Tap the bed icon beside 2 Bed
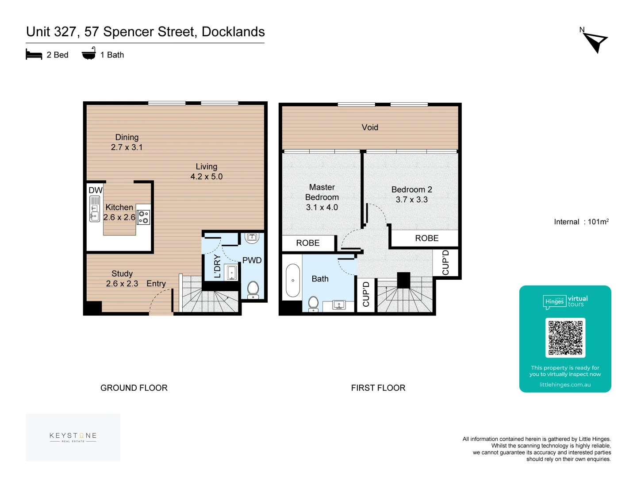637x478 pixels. pyautogui.click(x=34, y=55)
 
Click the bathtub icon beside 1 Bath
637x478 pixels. pyautogui.click(x=89, y=54)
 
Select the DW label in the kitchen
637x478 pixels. pyautogui.click(x=96, y=190)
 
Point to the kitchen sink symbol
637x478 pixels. pyautogui.click(x=94, y=209)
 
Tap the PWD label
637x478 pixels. pyautogui.click(x=252, y=260)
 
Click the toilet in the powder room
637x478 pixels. pyautogui.click(x=253, y=289)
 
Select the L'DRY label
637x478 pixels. pyautogui.click(x=217, y=266)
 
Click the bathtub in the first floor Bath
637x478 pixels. pyautogui.click(x=293, y=280)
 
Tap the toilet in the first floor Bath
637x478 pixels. pyautogui.click(x=313, y=304)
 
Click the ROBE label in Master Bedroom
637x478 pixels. pyautogui.click(x=308, y=243)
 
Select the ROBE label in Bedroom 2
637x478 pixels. pyautogui.click(x=426, y=238)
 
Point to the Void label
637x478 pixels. pyautogui.click(x=370, y=127)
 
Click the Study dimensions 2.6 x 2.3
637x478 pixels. pyautogui.click(x=122, y=284)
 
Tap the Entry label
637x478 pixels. pyautogui.click(x=156, y=284)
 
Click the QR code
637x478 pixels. pyautogui.click(x=565, y=337)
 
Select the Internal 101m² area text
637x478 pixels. pyautogui.click(x=581, y=222)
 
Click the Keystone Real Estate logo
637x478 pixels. pyautogui.click(x=73, y=437)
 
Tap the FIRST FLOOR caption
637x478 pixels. pyautogui.click(x=378, y=388)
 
